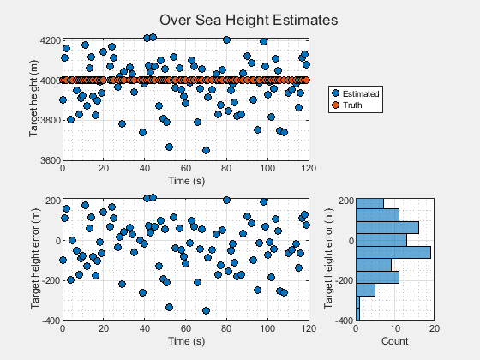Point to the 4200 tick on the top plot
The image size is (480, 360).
49,40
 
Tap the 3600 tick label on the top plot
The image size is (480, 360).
49,160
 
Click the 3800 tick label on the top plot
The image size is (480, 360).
49,121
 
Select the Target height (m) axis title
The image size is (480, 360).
33,100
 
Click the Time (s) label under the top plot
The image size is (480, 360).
185,181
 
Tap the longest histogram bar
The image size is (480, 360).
393,252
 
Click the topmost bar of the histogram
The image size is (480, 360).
369,203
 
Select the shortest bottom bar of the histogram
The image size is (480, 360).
357,314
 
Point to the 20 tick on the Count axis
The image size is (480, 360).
435,328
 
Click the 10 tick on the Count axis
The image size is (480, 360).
395,328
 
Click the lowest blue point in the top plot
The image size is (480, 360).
206,150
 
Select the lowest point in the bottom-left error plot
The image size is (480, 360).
206,310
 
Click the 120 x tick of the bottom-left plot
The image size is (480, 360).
308,328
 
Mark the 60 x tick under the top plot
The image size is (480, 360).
185,169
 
